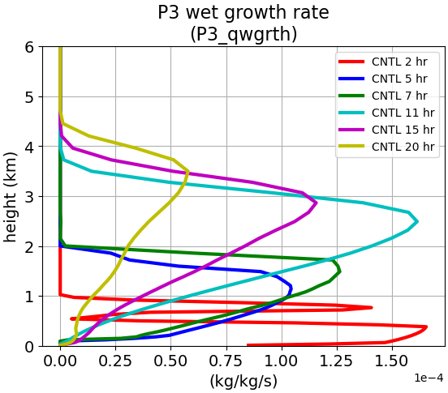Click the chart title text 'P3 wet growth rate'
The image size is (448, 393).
243,13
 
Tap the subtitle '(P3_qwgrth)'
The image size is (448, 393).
243,34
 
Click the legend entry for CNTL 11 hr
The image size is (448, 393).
386,113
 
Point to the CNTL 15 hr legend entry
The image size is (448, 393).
386,130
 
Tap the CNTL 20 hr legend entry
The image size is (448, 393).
386,147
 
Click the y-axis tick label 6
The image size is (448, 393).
29,47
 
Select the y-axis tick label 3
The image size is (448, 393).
29,197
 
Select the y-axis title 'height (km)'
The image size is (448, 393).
11,197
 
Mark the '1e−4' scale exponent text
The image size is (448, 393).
429,378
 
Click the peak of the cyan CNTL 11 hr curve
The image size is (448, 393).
417,221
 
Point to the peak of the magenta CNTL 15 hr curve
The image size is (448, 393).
317,203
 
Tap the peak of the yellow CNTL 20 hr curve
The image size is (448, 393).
188,171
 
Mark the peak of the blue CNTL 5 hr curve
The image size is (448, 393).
291,288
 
